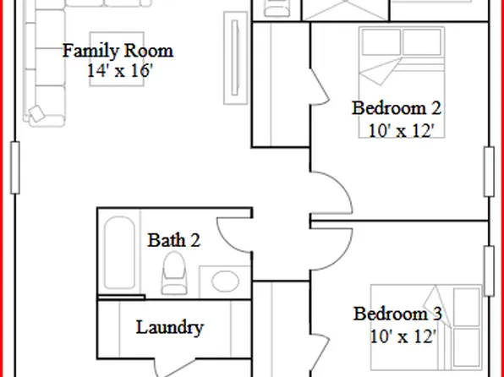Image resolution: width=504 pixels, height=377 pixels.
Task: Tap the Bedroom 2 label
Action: tap(397, 108)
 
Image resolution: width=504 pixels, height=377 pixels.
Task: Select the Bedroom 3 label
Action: tap(397, 314)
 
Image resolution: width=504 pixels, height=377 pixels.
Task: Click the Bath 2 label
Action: tap(174, 240)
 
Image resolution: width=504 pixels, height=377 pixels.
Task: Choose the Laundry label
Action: tap(169, 327)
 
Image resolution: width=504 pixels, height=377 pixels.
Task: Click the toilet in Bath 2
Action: tap(174, 272)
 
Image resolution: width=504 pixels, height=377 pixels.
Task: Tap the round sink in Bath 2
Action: tap(225, 281)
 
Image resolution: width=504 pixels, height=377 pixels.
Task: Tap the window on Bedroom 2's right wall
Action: tap(489, 172)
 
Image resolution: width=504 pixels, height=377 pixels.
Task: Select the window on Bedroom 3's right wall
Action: tap(489, 270)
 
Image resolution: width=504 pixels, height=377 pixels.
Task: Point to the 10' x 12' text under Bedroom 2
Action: tap(401, 130)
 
